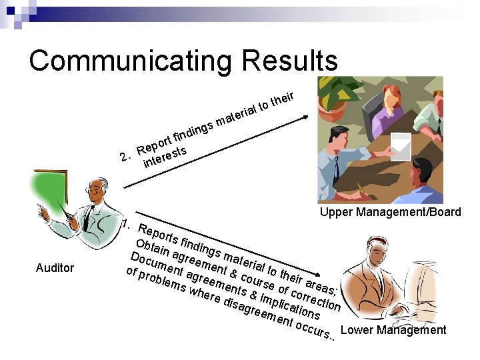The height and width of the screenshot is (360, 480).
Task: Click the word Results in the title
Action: pos(290,61)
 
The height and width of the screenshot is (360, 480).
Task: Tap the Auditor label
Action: pos(55,268)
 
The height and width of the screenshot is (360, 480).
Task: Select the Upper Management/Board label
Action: pos(390,212)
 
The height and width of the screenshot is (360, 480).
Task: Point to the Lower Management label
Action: pos(393,329)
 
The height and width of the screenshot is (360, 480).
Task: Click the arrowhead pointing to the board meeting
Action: pos(305,117)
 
